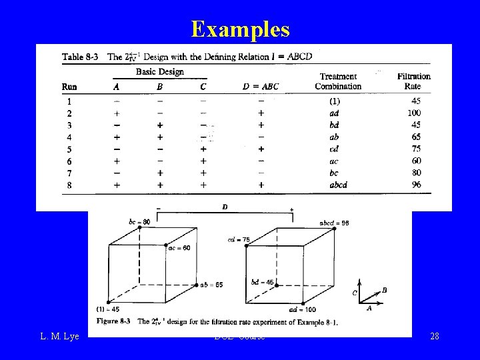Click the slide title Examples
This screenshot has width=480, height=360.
[x=240, y=29]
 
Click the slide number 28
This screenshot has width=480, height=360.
[x=434, y=336]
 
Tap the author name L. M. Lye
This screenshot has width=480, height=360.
[x=59, y=336]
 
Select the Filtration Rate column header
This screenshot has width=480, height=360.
[x=413, y=81]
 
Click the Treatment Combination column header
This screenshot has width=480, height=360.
[x=338, y=81]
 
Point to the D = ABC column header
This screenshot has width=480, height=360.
[x=261, y=87]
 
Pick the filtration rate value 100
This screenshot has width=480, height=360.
[x=413, y=113]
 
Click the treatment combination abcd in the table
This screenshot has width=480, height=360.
[x=339, y=185]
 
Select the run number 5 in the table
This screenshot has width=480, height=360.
[x=69, y=149]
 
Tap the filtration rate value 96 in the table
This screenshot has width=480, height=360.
[x=416, y=185]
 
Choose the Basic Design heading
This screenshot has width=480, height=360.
[x=160, y=72]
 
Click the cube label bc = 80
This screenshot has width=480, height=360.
[x=140, y=222]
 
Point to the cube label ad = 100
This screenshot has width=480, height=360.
[x=302, y=309]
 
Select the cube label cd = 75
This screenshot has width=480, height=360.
[x=238, y=240]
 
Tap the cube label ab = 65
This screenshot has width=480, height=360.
[x=211, y=285]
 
